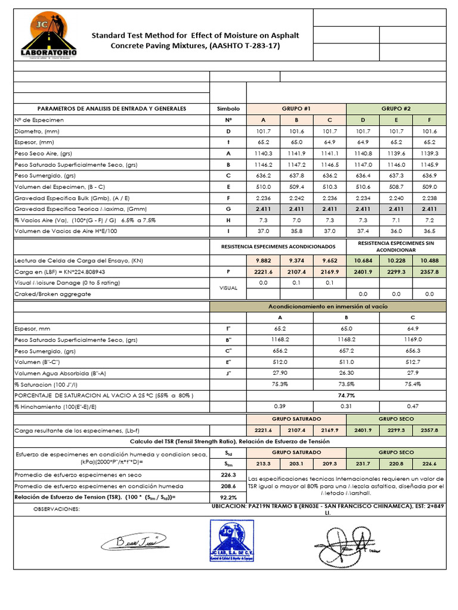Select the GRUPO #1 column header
click(296, 108)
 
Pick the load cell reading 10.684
click(363, 261)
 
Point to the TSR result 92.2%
click(228, 496)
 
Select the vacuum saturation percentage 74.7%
click(346, 395)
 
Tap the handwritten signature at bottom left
click(134, 541)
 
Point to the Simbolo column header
click(228, 108)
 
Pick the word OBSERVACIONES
click(56, 509)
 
